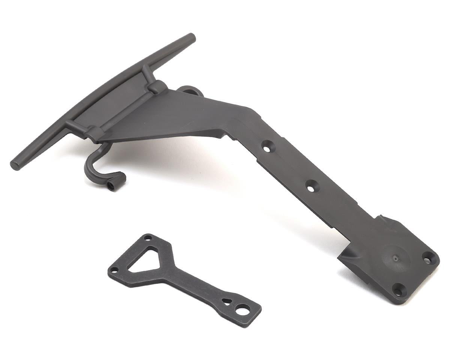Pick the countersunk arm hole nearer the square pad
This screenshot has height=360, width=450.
pos(310,186)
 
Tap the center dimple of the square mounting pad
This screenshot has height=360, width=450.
pos(395,257)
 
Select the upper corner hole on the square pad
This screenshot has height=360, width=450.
pos(427,258)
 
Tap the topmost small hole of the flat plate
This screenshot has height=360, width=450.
pos(148,238)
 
